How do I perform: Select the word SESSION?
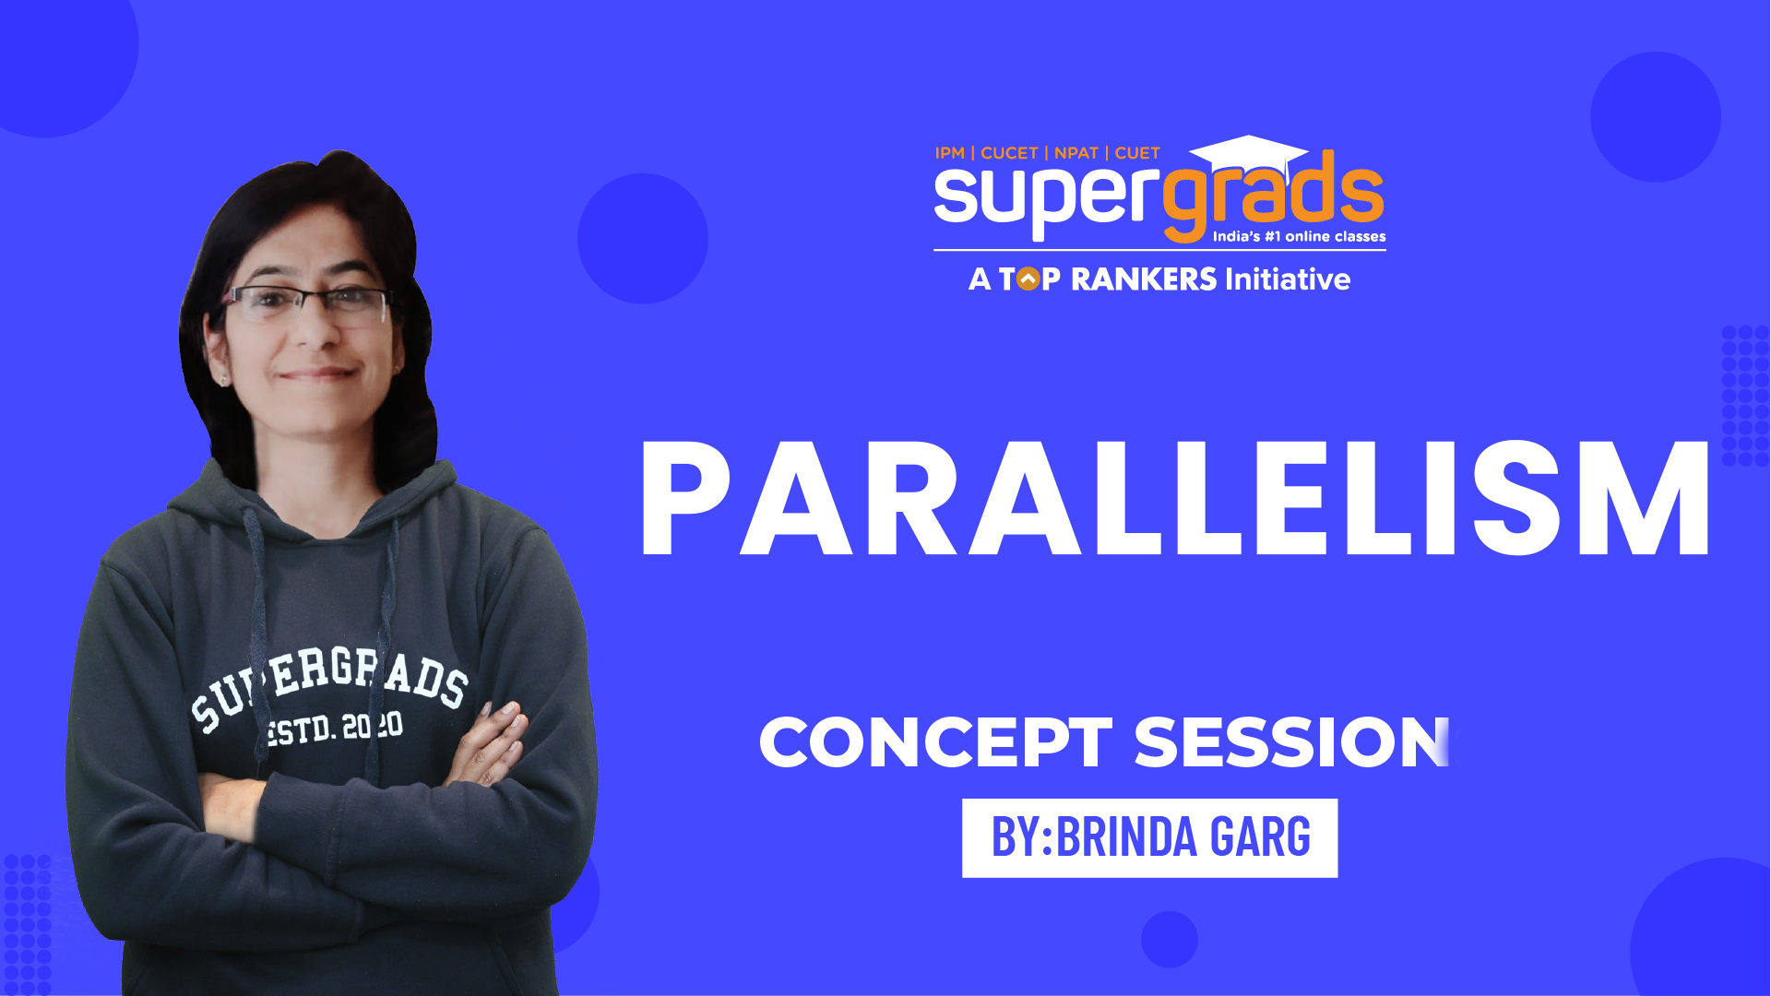point(1291,742)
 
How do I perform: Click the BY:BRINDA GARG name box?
point(1150,837)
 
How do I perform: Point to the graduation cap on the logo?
point(1248,153)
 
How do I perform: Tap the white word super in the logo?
point(1047,198)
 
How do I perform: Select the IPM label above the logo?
point(949,153)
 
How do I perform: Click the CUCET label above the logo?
point(1009,153)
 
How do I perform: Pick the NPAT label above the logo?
point(1076,153)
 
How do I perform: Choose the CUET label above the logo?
point(1137,153)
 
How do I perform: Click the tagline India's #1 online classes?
point(1299,236)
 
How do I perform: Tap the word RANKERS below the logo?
point(1144,279)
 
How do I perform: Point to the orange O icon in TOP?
point(1028,279)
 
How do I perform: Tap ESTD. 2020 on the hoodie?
point(334,729)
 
